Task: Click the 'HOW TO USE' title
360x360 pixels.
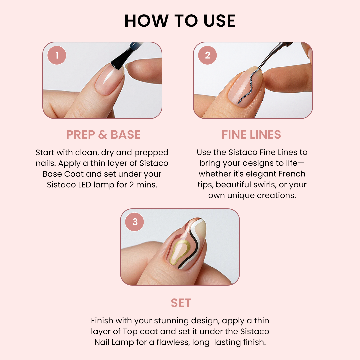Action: pyautogui.click(x=180, y=21)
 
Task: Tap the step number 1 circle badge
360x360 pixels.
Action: pyautogui.click(x=57, y=55)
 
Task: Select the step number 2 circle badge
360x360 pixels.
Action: pyautogui.click(x=207, y=55)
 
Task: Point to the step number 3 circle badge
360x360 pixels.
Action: pyautogui.click(x=135, y=222)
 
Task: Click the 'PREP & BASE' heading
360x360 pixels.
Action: pyautogui.click(x=103, y=135)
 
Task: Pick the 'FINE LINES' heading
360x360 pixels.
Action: pyautogui.click(x=251, y=135)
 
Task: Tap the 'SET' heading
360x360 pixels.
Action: pyautogui.click(x=181, y=303)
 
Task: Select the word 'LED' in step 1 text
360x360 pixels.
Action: pyautogui.click(x=84, y=185)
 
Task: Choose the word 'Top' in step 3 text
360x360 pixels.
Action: pyautogui.click(x=130, y=332)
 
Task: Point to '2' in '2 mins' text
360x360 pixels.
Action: pyautogui.click(x=132, y=185)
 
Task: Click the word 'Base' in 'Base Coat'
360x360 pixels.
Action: pyautogui.click(x=52, y=174)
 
